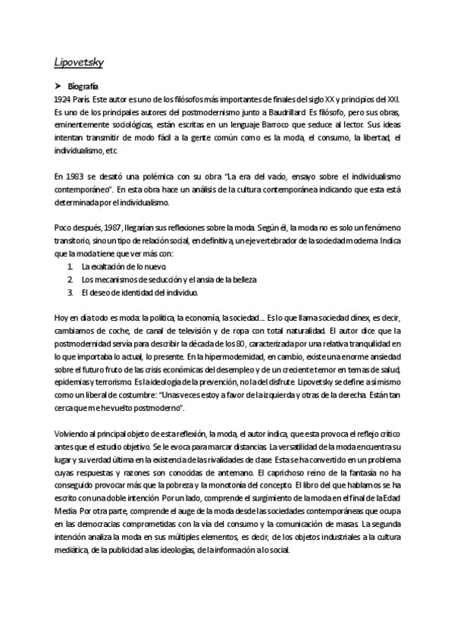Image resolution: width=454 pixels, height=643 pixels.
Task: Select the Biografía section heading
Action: [85, 86]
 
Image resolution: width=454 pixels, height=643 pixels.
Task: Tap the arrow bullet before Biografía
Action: [58, 86]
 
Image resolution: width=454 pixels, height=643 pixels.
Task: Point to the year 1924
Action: [64, 99]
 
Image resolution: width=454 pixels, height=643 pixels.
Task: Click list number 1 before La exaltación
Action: [70, 268]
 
